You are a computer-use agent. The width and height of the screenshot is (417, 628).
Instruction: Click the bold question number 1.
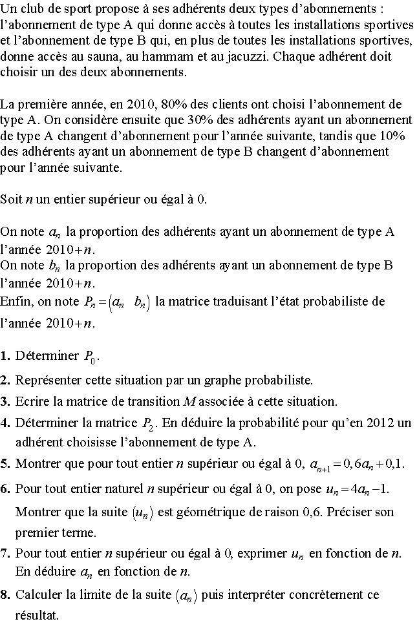pyautogui.click(x=5, y=355)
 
